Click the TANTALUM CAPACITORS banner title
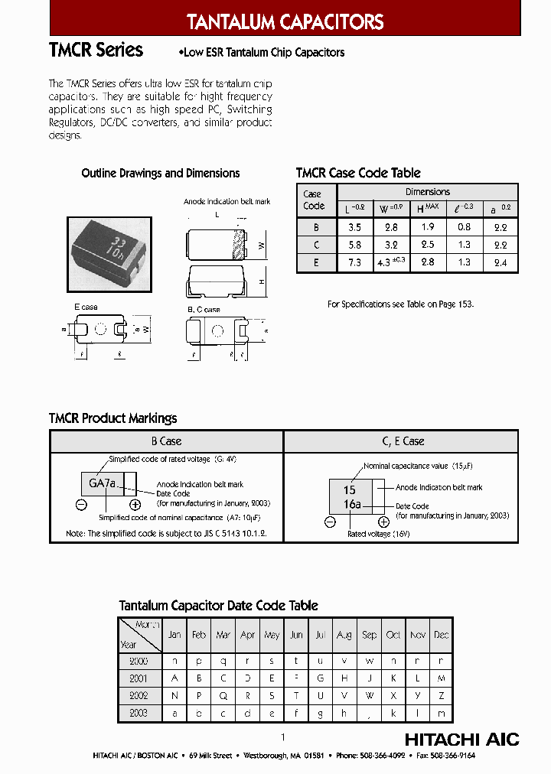pyautogui.click(x=285, y=22)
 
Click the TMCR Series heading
pyautogui.click(x=96, y=50)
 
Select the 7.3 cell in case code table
pyautogui.click(x=354, y=262)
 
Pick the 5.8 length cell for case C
pyautogui.click(x=354, y=245)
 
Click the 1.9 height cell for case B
pyautogui.click(x=427, y=227)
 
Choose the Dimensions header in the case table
pyautogui.click(x=427, y=192)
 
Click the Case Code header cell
pyautogui.click(x=314, y=200)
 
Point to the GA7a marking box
pyautogui.click(x=103, y=483)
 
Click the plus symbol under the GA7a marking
pyautogui.click(x=135, y=505)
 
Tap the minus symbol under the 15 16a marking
pyautogui.click(x=330, y=522)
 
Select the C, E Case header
pyautogui.click(x=403, y=441)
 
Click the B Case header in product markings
pyautogui.click(x=166, y=441)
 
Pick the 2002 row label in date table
pyautogui.click(x=139, y=696)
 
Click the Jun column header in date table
pyautogui.click(x=296, y=635)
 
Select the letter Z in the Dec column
pyautogui.click(x=442, y=696)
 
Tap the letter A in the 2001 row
pyautogui.click(x=175, y=678)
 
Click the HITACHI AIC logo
pyautogui.click(x=461, y=740)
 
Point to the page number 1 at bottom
pyautogui.click(x=282, y=737)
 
